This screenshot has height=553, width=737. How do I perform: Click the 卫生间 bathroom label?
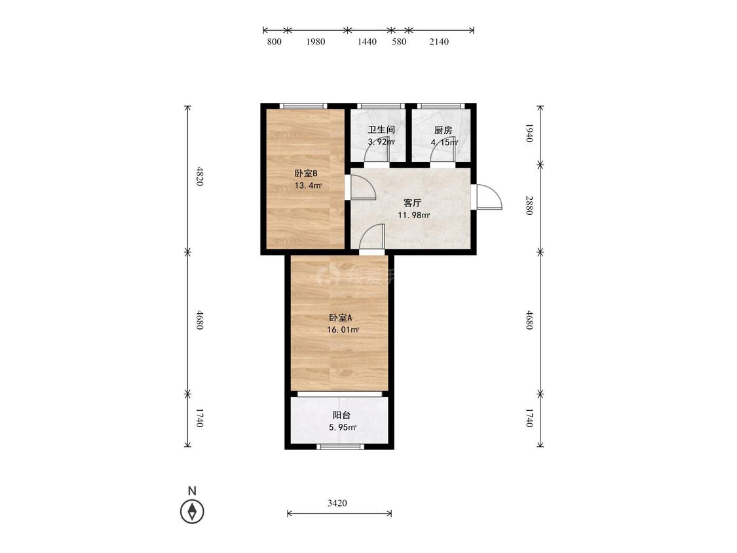(381, 130)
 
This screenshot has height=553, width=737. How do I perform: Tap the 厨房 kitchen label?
(444, 130)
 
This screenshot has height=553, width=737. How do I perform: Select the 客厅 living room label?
(412, 203)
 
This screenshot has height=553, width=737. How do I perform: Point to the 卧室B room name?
(306, 174)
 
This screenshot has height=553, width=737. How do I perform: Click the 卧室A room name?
(341, 318)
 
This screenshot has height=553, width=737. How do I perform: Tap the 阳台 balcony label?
(342, 415)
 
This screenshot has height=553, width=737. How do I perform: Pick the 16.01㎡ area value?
(343, 330)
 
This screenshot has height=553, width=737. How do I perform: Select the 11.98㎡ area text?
(414, 216)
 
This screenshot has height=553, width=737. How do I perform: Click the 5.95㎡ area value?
(343, 427)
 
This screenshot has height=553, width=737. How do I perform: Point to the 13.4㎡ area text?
(309, 185)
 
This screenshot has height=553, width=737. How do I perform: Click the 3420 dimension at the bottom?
(337, 503)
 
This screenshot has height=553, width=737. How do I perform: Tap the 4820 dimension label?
(200, 176)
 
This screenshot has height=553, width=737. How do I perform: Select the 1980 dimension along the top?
(315, 41)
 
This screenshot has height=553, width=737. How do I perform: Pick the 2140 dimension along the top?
(439, 41)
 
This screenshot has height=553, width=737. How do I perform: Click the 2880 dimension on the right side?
(529, 205)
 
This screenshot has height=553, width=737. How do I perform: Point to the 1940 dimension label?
(529, 133)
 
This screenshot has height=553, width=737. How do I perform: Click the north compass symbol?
(192, 510)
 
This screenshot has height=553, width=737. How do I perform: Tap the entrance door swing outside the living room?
(489, 197)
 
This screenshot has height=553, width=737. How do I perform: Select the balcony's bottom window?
(340, 446)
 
